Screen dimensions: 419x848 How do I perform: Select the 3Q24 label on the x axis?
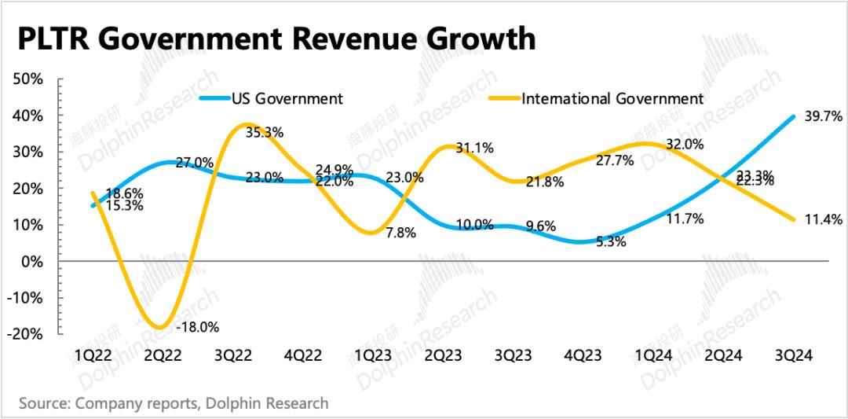(795, 355)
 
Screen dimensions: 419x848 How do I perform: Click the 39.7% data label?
(824, 116)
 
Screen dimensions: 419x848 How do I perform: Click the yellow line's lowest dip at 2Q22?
(160, 327)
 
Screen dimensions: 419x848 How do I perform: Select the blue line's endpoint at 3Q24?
(794, 117)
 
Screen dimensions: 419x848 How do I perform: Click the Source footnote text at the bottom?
(174, 403)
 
